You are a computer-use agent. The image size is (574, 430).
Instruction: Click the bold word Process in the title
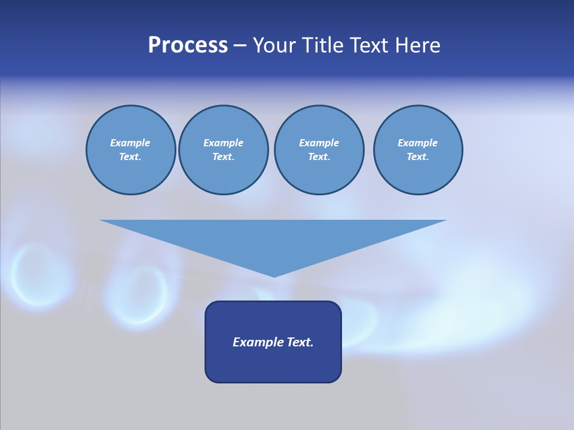[x=188, y=45]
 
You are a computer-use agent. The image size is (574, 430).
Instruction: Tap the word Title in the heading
[x=323, y=45]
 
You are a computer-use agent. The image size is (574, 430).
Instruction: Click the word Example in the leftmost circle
[x=130, y=143]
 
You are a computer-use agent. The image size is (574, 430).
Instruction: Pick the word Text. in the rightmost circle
[x=418, y=157]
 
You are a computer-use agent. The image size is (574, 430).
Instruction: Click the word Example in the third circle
[x=319, y=143]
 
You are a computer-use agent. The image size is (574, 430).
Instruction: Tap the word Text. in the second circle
[x=224, y=157]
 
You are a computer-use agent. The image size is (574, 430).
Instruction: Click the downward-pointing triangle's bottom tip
[x=274, y=275]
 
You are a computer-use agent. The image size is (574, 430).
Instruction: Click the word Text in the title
[x=369, y=45]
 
